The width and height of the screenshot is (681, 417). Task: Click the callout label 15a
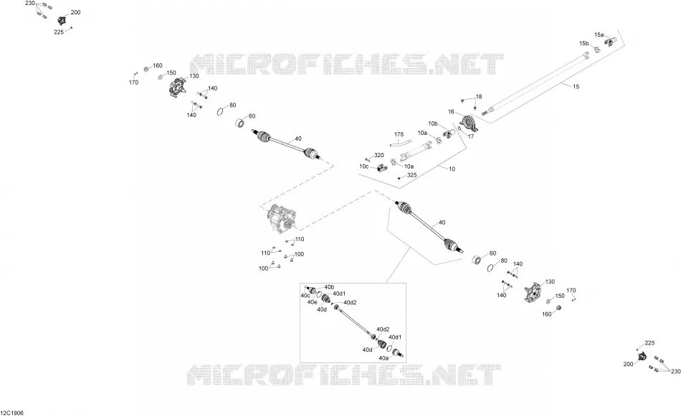coord(599,34)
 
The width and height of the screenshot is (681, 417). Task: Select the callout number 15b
coord(584,44)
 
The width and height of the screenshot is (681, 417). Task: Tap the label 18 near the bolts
coord(479,96)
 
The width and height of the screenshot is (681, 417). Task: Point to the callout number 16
coord(451,112)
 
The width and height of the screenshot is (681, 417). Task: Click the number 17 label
coord(471,136)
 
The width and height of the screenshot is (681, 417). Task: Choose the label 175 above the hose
coord(399,134)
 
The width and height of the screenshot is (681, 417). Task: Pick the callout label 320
coord(379,155)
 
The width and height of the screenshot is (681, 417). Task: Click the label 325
coord(411,175)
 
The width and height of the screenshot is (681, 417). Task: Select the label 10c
coord(364,166)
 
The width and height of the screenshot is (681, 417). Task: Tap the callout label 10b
coord(433,123)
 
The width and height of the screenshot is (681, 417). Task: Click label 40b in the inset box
coord(329,287)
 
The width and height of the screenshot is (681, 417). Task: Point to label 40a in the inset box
coord(384,358)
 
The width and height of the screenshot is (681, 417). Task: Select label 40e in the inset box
coord(313,302)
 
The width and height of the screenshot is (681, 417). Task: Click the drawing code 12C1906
coord(12,413)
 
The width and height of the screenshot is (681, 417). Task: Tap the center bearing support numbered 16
coord(469,123)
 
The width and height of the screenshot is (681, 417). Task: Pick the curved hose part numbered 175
coord(399,143)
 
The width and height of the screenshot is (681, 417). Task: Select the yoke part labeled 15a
coord(611,42)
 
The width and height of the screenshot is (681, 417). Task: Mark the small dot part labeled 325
coord(399,178)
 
